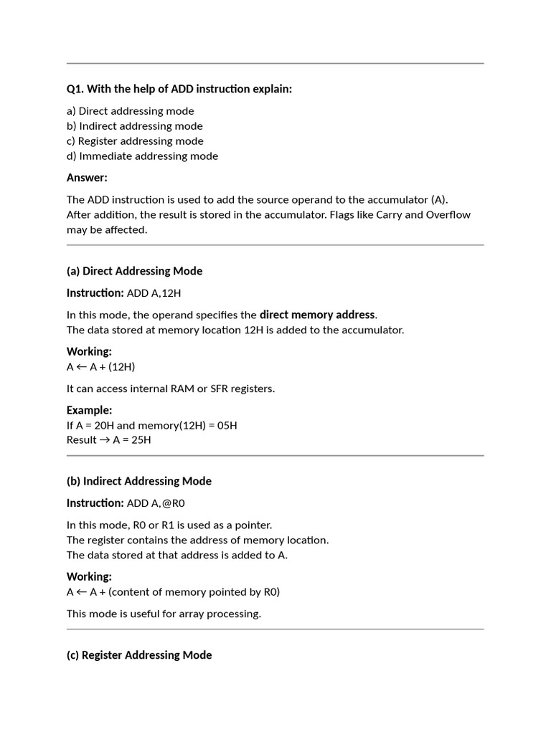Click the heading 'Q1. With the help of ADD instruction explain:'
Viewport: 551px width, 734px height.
(179, 89)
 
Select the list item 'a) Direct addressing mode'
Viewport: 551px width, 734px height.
(131, 111)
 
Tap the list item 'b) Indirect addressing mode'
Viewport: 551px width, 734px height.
(135, 126)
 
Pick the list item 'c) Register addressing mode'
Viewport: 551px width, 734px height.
(135, 141)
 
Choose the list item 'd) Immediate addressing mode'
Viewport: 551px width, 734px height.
(142, 156)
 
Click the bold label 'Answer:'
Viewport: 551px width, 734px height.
(87, 178)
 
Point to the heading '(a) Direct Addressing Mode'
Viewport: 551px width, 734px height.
(134, 271)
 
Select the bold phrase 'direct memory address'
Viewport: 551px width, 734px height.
(317, 315)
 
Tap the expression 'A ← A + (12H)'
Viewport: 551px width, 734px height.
(100, 367)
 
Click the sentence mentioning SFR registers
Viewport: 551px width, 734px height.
(171, 389)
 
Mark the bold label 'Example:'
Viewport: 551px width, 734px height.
(90, 410)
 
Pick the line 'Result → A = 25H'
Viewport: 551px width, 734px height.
(109, 440)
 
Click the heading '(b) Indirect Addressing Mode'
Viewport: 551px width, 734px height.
(139, 481)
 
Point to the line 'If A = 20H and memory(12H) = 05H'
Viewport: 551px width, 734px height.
(152, 426)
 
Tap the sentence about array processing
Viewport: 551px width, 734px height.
(164, 614)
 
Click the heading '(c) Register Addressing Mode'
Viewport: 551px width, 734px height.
(139, 655)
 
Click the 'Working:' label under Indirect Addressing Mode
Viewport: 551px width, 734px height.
(89, 576)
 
